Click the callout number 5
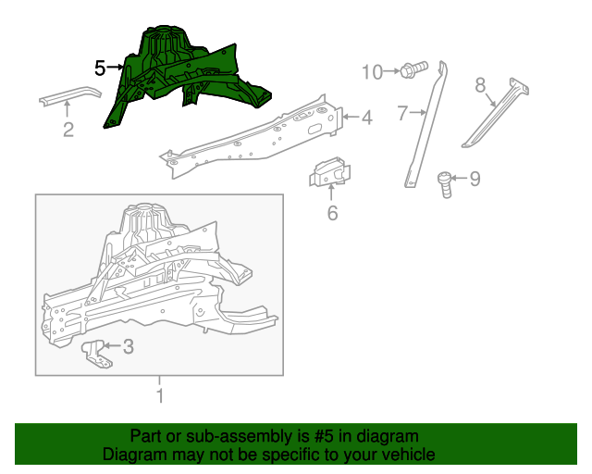100,68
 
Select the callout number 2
68,130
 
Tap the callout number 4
366,118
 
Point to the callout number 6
332,214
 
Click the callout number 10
372,71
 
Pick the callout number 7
402,114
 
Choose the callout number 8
480,85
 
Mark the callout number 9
475,179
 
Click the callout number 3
129,347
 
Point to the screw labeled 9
445,182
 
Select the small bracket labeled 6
331,174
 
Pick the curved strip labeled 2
69,95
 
